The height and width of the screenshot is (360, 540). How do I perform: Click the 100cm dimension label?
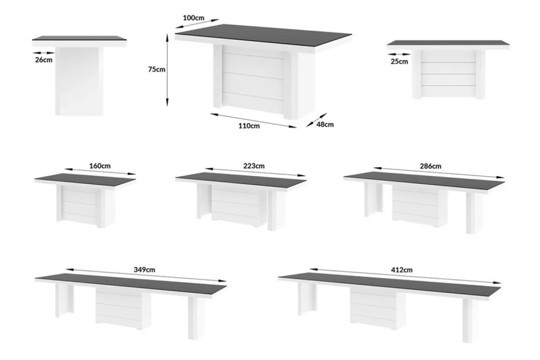[x=193, y=18]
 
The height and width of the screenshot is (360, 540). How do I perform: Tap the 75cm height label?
[x=157, y=70]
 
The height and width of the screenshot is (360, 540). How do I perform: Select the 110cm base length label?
[x=249, y=126]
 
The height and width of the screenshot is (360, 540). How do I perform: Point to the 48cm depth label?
[x=325, y=125]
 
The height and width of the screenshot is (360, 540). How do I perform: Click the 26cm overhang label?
[x=43, y=60]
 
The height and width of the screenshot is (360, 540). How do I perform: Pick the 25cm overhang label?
[x=400, y=62]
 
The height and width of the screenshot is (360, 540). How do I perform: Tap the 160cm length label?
[x=100, y=166]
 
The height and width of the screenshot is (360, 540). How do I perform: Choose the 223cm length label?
[x=254, y=166]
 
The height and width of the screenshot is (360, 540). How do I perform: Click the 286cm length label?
[x=431, y=166]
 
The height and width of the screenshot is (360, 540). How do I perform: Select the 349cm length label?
[x=144, y=269]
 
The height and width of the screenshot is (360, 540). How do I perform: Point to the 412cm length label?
[x=402, y=270]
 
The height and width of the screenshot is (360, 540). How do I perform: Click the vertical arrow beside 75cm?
[x=167, y=70]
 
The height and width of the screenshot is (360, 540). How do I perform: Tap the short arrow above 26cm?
[x=44, y=53]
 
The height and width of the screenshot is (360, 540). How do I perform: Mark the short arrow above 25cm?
[x=399, y=54]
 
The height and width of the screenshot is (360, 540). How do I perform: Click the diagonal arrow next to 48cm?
[x=316, y=120]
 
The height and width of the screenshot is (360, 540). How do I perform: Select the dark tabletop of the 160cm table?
[x=85, y=180]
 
